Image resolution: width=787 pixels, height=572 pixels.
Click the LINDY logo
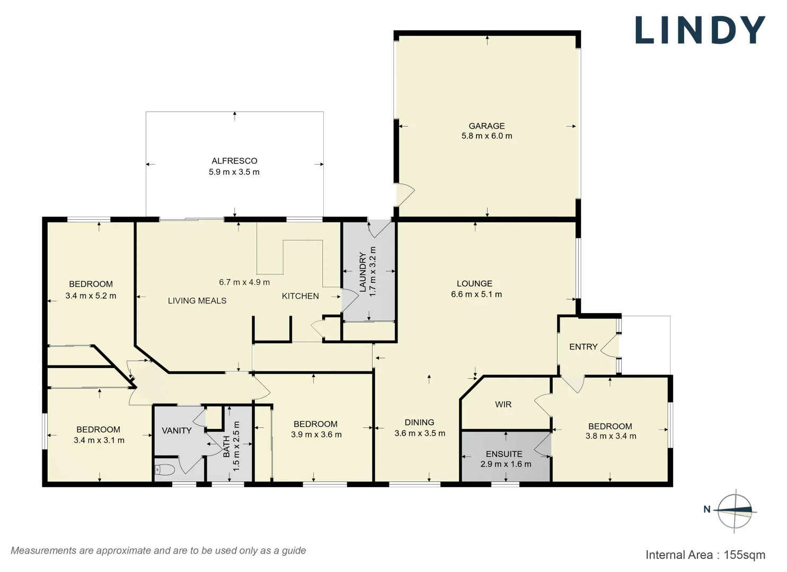click(x=700, y=30)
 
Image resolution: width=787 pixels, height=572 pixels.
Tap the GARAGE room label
click(x=487, y=126)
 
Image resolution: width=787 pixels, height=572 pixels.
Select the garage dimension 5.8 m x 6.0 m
click(x=487, y=136)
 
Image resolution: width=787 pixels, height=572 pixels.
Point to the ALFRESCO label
click(x=234, y=161)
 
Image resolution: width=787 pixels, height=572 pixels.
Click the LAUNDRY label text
click(x=363, y=272)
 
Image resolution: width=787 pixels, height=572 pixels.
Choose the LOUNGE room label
click(x=474, y=284)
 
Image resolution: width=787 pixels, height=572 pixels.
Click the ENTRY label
click(x=583, y=347)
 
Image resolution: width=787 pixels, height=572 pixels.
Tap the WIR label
click(x=503, y=405)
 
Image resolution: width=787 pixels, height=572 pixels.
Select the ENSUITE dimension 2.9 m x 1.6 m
click(x=506, y=464)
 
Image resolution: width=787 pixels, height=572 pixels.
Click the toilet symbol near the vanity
click(x=165, y=469)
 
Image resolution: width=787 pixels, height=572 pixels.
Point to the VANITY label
click(x=176, y=431)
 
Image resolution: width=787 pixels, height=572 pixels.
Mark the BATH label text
click(x=227, y=446)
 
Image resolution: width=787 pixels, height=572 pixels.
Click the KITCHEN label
click(x=300, y=297)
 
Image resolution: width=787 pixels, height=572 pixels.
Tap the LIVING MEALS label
click(x=197, y=301)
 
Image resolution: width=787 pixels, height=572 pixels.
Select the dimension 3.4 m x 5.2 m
click(x=91, y=296)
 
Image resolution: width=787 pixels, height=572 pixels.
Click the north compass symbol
click(x=735, y=511)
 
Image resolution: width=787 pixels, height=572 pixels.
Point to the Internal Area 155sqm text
click(x=705, y=555)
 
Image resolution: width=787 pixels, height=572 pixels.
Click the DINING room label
click(x=419, y=423)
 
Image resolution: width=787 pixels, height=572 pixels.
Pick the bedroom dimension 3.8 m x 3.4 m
click(x=611, y=436)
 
